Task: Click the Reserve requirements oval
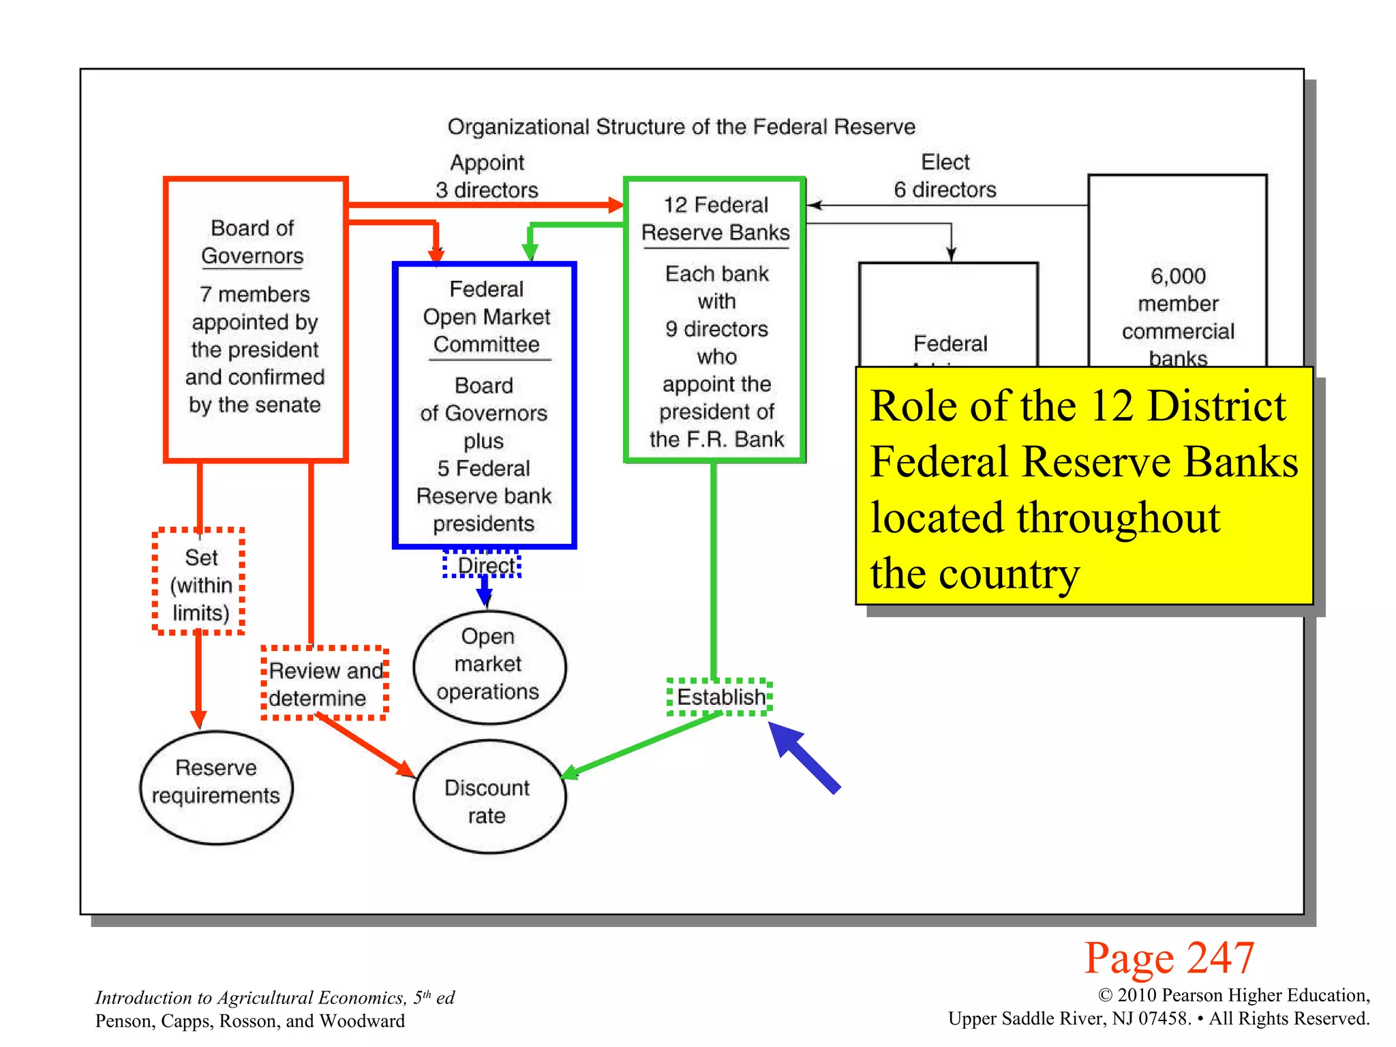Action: (216, 787)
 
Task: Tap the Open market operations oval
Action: (489, 665)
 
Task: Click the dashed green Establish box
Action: (720, 697)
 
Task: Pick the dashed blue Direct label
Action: (483, 565)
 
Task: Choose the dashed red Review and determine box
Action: (325, 683)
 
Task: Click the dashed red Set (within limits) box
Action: (199, 583)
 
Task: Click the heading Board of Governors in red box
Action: (252, 241)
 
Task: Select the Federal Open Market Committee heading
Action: (486, 316)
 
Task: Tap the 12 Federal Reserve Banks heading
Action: (716, 218)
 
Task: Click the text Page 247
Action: (1169, 957)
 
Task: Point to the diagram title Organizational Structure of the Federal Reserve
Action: (681, 127)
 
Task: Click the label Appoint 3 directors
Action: (487, 176)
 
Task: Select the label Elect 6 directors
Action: (945, 175)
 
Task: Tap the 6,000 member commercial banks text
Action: (1178, 317)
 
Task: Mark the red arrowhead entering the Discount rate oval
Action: (406, 770)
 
